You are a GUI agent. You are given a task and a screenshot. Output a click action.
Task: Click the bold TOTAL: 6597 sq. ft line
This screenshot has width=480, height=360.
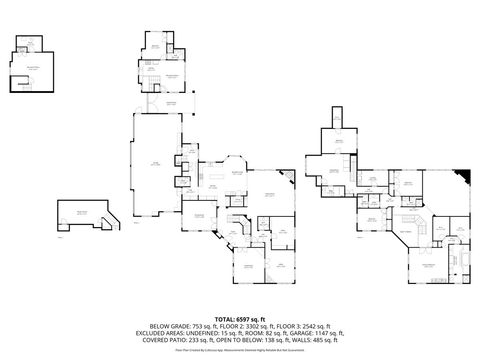click(x=240, y=318)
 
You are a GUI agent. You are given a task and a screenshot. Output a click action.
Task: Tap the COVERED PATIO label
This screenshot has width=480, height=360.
click(x=169, y=341)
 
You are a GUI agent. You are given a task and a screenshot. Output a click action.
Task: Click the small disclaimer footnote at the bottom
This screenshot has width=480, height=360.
click(x=240, y=350)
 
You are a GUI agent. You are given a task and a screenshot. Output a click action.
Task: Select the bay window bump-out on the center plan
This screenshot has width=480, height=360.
click(x=236, y=165)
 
